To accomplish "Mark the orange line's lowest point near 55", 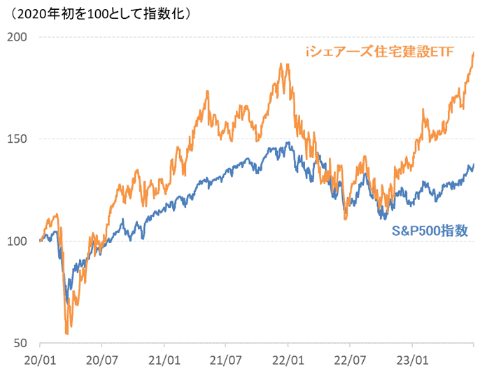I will click(x=66, y=333).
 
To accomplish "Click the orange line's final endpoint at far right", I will click(x=474, y=53).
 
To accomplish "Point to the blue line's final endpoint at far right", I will click(x=474, y=164).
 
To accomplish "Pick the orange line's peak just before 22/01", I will click(x=281, y=64).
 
